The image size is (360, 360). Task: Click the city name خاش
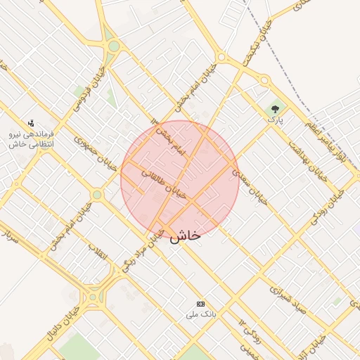point(185,236)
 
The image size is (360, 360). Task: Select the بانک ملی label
point(199,314)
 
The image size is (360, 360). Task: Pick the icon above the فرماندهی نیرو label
point(30,122)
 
